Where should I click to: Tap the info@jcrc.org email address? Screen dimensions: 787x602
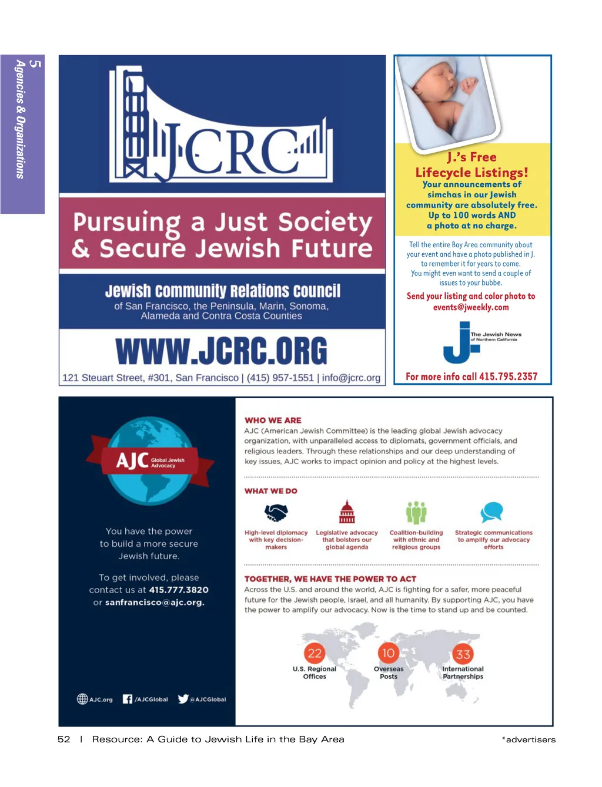point(351,378)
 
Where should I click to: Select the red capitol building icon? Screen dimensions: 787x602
point(347,512)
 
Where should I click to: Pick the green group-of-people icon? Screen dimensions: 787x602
point(416,513)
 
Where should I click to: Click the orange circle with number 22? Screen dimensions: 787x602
point(315,653)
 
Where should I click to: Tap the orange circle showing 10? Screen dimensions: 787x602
point(388,653)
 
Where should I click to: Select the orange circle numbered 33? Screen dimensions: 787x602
point(463,654)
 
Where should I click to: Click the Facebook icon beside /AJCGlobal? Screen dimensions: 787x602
point(128,699)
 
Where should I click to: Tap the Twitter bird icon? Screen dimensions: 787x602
point(183,699)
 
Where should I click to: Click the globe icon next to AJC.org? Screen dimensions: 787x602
point(82,699)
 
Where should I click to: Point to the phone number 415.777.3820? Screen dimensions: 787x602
point(179,590)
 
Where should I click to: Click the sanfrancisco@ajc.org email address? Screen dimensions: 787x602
point(155,602)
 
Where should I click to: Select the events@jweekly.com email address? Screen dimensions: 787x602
point(471,307)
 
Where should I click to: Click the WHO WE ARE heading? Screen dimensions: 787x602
point(273,421)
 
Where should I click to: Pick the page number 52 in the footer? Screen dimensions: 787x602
point(64,739)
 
